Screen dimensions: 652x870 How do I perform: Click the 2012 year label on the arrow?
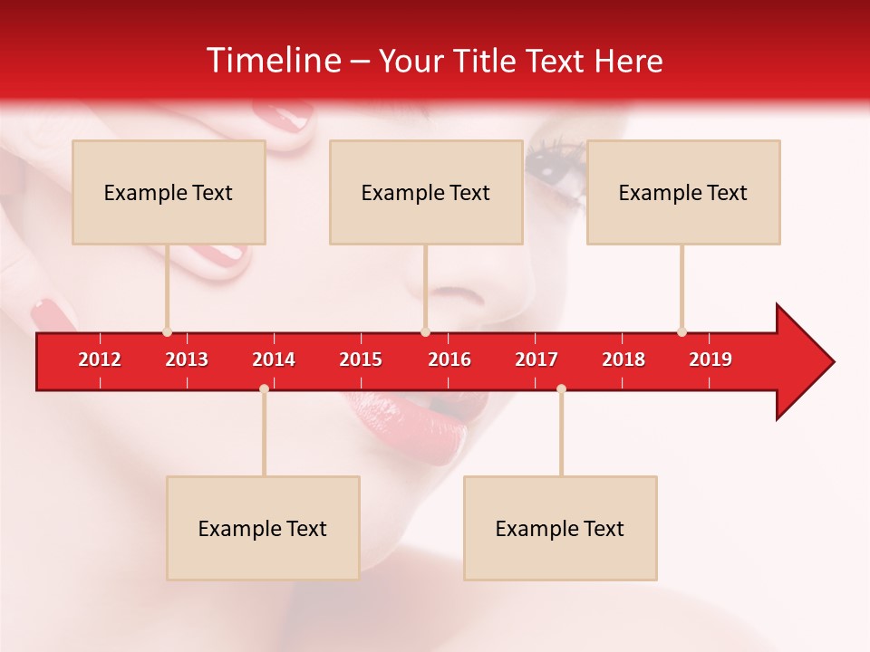[100, 360]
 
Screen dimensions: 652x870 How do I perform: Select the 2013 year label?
[187, 360]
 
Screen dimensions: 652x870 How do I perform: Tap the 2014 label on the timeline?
[274, 360]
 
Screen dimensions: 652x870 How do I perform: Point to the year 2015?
[361, 360]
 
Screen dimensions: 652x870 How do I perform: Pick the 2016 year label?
[449, 360]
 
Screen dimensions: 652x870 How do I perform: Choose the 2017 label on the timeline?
[536, 360]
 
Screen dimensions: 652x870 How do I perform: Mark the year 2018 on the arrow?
[623, 360]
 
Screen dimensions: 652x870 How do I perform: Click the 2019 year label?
[710, 360]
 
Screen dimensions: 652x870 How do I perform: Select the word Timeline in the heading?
[272, 61]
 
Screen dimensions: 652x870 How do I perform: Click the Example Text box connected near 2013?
[169, 192]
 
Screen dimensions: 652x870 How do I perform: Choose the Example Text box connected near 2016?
[426, 192]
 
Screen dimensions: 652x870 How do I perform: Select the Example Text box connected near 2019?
[683, 192]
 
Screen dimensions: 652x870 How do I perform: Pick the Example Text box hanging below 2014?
[263, 528]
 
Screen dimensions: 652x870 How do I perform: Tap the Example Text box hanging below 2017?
[560, 528]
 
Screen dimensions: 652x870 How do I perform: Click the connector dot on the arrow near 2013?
[167, 332]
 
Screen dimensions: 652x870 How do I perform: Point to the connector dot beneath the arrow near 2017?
[561, 389]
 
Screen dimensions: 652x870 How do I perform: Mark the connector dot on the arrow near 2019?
[681, 332]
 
